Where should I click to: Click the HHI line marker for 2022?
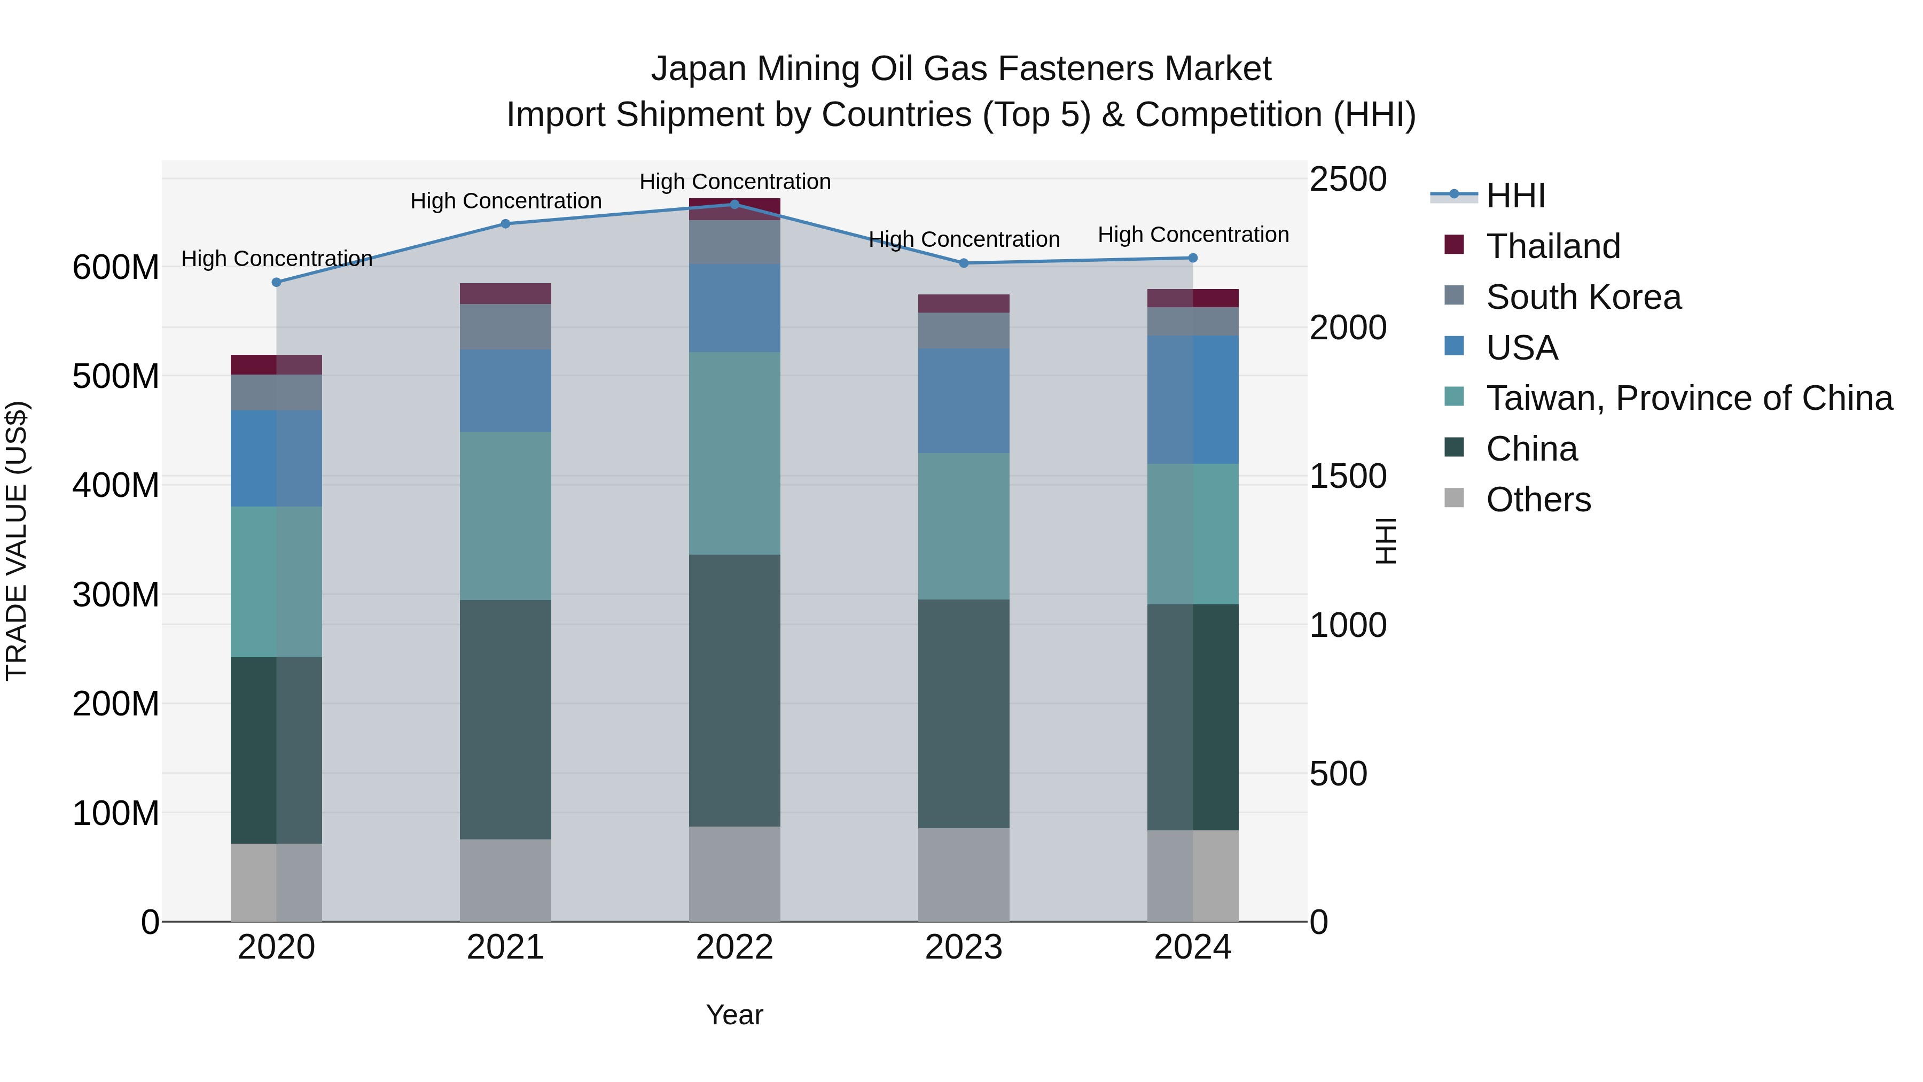(x=734, y=205)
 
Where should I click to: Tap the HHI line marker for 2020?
(x=276, y=282)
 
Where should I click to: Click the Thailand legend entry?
(x=1553, y=246)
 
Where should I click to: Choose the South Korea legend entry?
(x=1583, y=297)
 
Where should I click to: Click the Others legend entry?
(x=1538, y=500)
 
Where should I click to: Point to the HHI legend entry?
(x=1515, y=196)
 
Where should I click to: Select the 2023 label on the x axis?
(x=964, y=947)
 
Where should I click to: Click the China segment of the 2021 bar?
(x=505, y=719)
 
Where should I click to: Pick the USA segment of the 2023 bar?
(x=964, y=400)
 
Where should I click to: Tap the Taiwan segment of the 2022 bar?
(x=734, y=453)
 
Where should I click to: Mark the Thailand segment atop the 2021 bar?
(x=505, y=293)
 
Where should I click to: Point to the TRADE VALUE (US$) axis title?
(x=17, y=541)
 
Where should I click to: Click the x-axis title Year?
(x=734, y=1015)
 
